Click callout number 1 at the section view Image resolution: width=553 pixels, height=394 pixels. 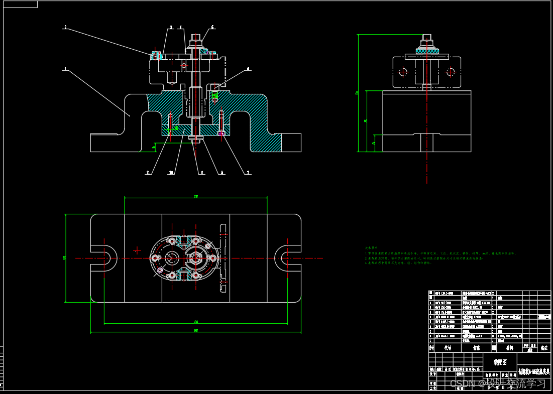(x=65, y=69)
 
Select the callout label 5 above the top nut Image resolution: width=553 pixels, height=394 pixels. (x=212, y=27)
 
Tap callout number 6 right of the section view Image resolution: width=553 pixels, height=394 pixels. (x=248, y=69)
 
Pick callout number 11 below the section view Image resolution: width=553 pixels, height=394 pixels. (x=148, y=173)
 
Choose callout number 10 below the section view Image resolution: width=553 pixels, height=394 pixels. (x=171, y=173)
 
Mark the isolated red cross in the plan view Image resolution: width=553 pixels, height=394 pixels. (x=137, y=250)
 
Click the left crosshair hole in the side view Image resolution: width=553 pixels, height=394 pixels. (x=402, y=72)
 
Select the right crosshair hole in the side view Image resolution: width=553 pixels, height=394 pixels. (x=451, y=72)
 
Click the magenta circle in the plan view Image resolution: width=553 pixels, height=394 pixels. (x=160, y=270)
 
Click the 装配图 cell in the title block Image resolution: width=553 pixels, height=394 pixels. (x=500, y=361)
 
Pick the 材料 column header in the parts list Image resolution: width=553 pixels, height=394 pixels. (x=509, y=347)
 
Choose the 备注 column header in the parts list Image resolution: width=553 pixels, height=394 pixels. (x=543, y=347)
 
